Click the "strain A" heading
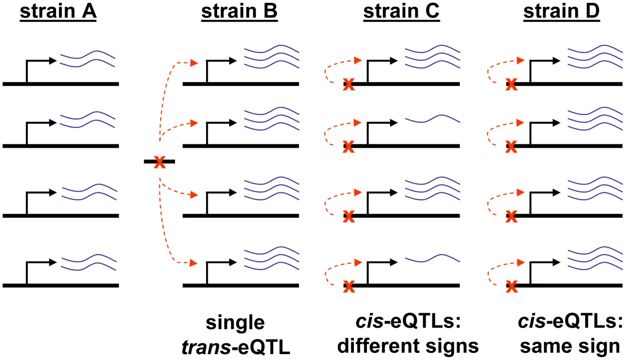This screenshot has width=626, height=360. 58,12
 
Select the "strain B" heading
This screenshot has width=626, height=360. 240,12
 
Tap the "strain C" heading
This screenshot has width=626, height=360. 402,12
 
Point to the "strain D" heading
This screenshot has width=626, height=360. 562,12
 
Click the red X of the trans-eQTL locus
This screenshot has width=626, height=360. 160,162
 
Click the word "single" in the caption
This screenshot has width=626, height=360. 235,323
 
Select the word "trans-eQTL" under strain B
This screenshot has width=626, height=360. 236,347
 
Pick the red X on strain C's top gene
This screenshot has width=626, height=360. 349,84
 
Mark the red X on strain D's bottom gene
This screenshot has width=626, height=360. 512,287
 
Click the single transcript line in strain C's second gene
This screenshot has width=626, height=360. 433,119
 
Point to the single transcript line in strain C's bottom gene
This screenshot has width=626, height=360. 433,258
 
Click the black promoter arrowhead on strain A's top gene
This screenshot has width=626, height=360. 53,60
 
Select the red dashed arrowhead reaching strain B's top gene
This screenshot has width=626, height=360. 194,63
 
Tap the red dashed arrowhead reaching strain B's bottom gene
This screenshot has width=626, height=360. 194,263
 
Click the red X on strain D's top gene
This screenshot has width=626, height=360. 512,84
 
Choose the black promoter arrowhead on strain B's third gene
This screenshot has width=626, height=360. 233,193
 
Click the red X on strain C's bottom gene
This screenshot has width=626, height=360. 349,287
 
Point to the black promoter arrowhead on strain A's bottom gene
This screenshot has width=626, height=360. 53,262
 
